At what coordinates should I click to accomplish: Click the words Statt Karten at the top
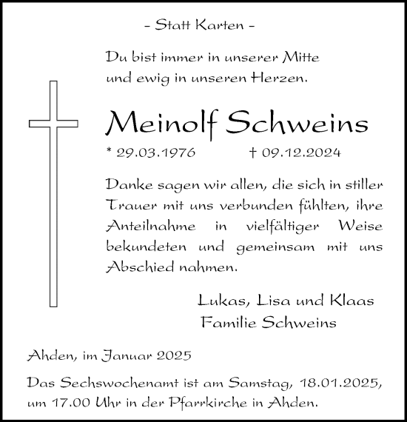200,26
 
